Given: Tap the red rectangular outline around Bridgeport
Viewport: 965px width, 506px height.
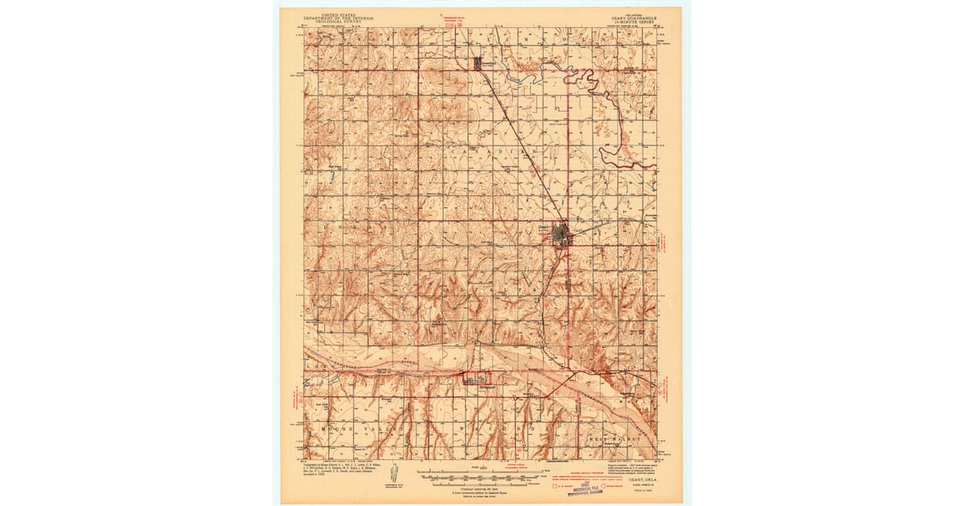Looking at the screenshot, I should (x=474, y=377).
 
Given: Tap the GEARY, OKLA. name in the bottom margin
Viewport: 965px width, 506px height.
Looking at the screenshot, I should (x=634, y=479).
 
